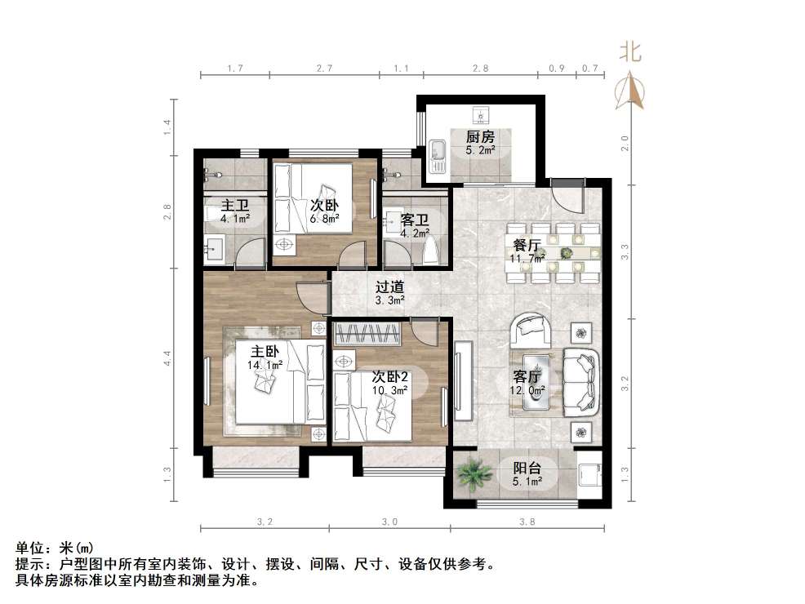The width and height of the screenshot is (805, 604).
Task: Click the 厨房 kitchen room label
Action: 480,137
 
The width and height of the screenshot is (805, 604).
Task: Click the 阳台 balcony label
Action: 528,469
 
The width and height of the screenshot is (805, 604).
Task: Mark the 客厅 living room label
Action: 528,377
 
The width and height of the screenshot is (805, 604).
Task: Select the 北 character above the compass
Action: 629,53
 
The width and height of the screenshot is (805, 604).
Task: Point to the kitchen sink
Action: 437,151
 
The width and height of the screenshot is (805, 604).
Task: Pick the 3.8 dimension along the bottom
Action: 528,522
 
